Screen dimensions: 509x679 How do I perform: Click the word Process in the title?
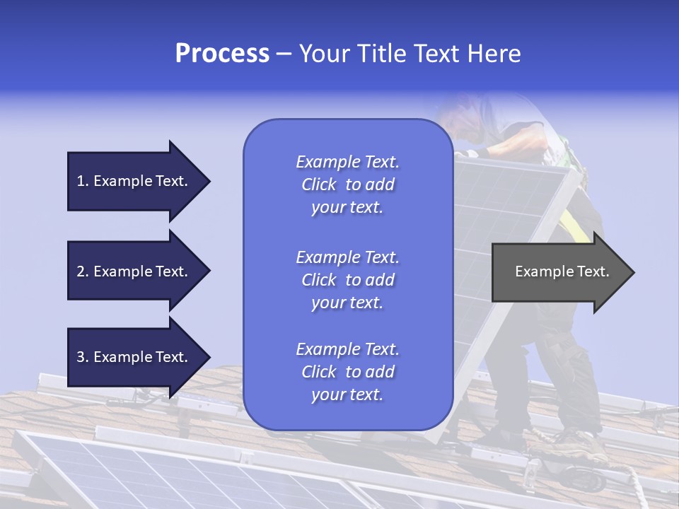click(222, 54)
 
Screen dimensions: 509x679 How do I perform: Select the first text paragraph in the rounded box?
click(347, 185)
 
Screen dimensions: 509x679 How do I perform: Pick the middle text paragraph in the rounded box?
click(347, 280)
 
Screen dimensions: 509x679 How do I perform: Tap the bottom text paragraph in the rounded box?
click(347, 372)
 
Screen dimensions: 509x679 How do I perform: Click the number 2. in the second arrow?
click(83, 271)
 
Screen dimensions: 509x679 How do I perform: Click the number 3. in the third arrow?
click(83, 357)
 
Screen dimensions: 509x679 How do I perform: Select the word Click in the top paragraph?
click(319, 185)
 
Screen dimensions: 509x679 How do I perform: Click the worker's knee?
click(559, 346)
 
